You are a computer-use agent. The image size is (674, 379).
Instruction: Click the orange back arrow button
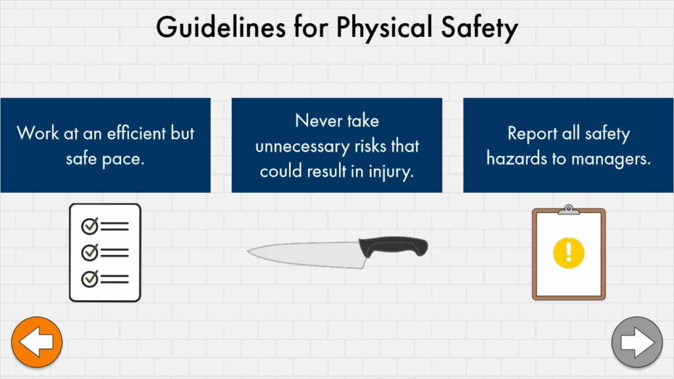(37, 342)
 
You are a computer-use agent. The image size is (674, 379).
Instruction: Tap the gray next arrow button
(637, 342)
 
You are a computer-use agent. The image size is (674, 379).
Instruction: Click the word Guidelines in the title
(221, 27)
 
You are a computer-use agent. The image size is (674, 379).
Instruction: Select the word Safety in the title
(479, 28)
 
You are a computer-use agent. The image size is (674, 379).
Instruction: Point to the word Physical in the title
(384, 28)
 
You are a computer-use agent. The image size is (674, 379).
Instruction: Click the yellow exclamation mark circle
(569, 253)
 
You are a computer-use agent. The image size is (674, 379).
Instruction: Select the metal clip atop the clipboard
(569, 209)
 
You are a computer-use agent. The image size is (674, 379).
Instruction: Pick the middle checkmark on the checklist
(90, 252)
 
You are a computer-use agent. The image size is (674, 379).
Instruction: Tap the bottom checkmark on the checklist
(90, 279)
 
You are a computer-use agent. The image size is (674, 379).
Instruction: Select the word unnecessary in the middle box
(302, 147)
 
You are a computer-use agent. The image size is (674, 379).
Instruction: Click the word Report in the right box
(532, 134)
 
